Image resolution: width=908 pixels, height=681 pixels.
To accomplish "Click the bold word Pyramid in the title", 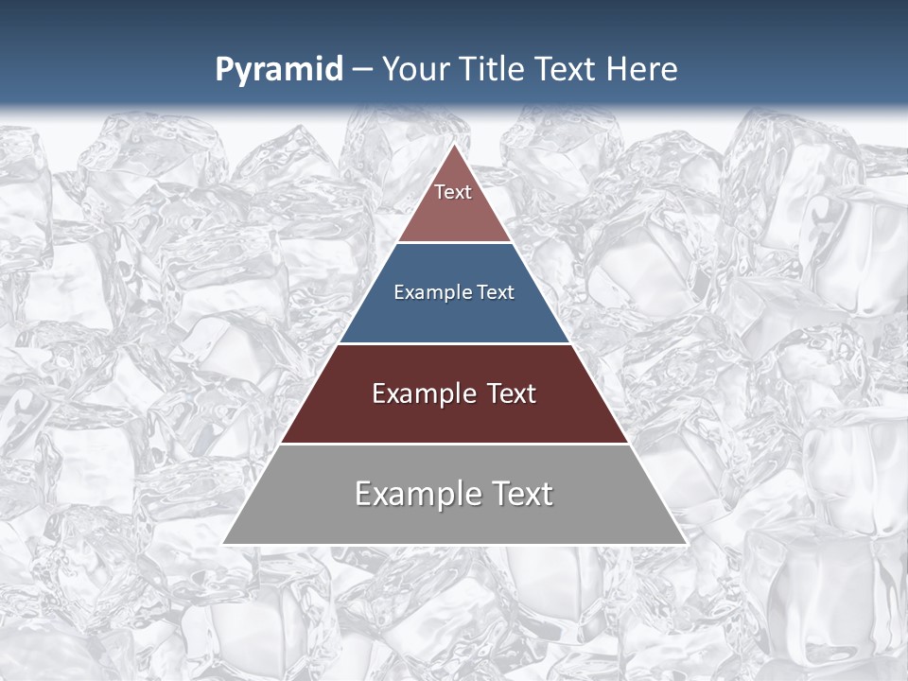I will coord(279,70).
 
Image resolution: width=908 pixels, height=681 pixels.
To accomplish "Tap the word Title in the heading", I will coord(494,70).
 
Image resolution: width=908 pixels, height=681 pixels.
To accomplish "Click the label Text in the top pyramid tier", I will coord(453,192).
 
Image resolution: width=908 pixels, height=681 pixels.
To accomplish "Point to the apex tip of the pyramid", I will coord(455,146).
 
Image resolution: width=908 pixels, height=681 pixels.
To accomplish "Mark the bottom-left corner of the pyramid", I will coord(224,543).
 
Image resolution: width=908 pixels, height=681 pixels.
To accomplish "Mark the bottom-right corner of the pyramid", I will coord(686,543).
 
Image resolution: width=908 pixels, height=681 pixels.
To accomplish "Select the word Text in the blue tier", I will coord(497,293).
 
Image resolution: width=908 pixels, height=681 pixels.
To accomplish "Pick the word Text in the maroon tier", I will coord(512,393).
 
